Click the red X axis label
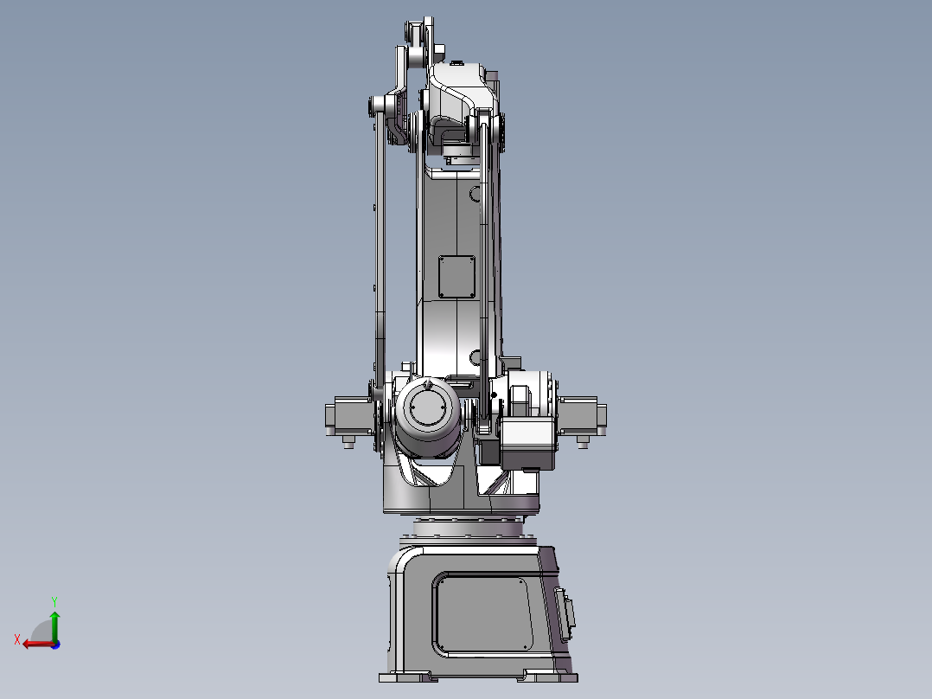(x=16, y=639)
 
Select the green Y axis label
(x=54, y=600)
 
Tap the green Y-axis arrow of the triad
(x=54, y=623)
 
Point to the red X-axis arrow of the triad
(x=35, y=644)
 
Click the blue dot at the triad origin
(x=55, y=644)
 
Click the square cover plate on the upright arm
(x=456, y=277)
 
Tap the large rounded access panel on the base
(x=482, y=614)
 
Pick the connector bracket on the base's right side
(x=568, y=612)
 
